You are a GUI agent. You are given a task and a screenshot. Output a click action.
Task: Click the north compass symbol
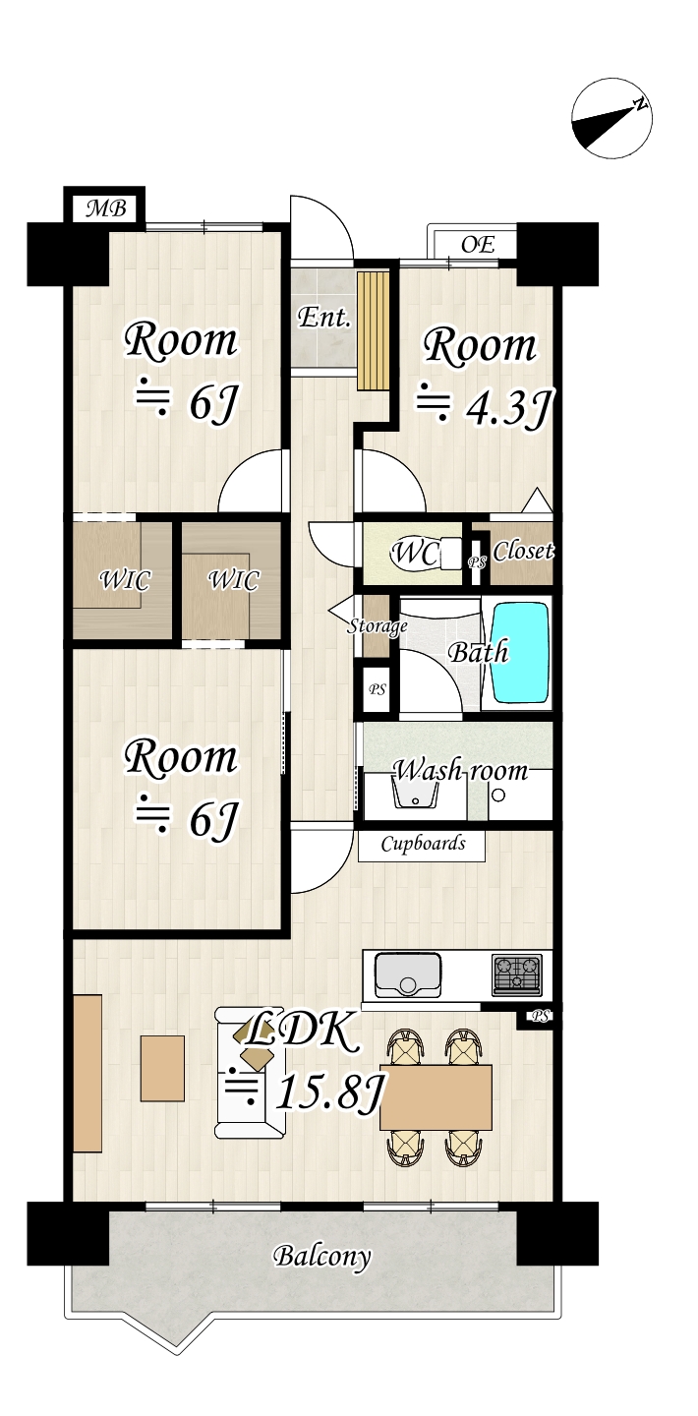pos(611,118)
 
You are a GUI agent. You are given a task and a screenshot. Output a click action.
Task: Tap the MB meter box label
pos(106,208)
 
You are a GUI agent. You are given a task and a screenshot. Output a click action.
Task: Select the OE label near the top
pos(478,244)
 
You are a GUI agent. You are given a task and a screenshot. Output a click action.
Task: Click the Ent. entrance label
pos(323,317)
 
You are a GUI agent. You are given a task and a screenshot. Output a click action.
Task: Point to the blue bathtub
pos(520,652)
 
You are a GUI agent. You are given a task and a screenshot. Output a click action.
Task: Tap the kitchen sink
pos(408,974)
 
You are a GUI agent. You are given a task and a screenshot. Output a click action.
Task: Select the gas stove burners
pos(516,973)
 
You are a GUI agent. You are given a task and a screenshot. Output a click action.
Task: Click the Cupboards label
pos(423,844)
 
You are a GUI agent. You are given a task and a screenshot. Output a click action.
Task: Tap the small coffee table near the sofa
pos(162,1068)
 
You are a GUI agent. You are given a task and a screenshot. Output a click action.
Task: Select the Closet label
pos(523,551)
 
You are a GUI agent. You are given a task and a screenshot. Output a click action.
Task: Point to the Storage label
pos(378,625)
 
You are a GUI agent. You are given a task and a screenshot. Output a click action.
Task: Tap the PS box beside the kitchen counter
pos(541,1017)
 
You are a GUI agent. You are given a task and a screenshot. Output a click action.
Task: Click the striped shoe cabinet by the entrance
pos(372,330)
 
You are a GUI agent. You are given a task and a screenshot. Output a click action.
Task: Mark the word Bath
pos(478,652)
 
